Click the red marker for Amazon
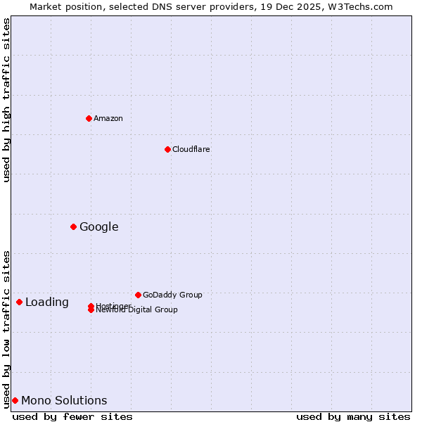click(89, 118)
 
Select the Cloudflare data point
click(167, 149)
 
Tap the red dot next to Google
click(73, 226)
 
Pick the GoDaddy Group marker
click(138, 295)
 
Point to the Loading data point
click(19, 302)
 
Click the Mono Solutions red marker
click(15, 400)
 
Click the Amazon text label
click(108, 118)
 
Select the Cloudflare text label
click(191, 149)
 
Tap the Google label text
click(98, 226)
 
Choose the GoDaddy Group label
click(172, 295)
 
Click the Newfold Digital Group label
click(137, 310)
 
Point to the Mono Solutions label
click(64, 400)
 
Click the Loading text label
click(47, 302)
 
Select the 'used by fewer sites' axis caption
click(72, 416)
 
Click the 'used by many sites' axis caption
click(353, 416)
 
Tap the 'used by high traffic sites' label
click(6, 100)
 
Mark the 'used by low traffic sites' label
click(6, 328)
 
